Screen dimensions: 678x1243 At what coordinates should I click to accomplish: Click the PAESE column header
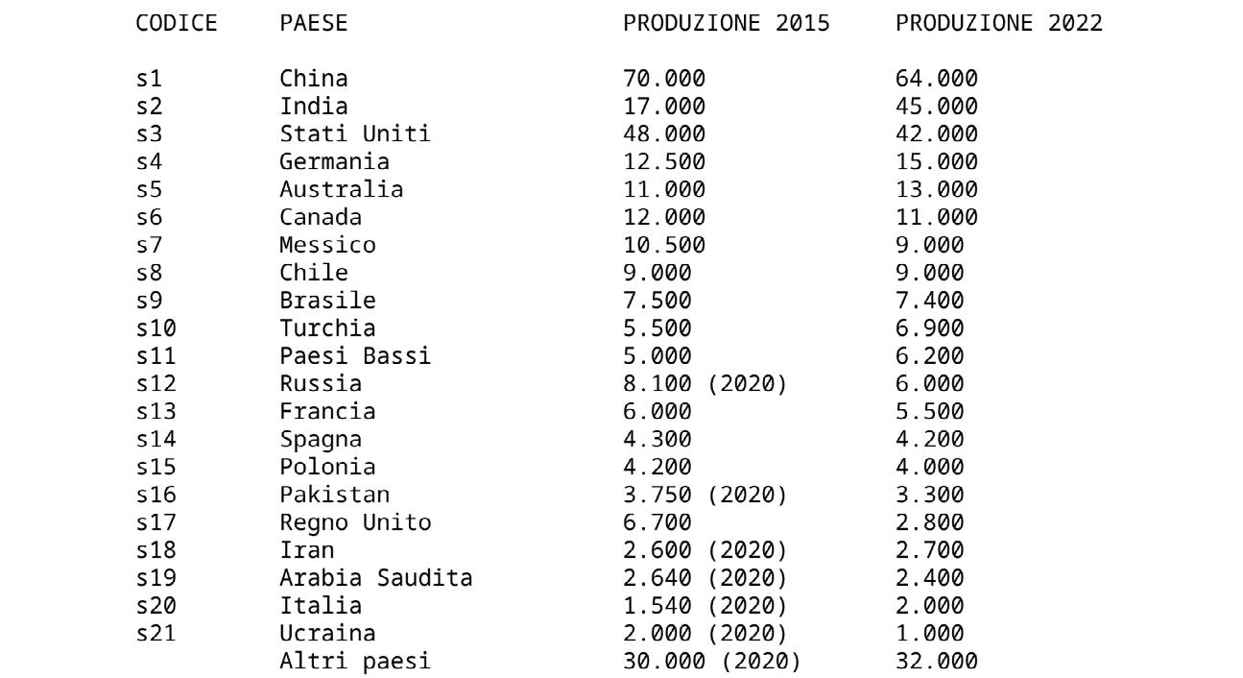click(314, 23)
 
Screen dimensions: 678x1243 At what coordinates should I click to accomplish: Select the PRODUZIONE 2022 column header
click(998, 23)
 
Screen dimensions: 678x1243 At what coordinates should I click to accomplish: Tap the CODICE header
click(177, 23)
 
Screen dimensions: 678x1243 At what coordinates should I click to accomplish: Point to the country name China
click(314, 79)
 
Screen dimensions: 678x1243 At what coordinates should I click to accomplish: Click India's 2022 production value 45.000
click(936, 106)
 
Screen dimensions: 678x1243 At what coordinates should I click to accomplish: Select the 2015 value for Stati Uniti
click(663, 133)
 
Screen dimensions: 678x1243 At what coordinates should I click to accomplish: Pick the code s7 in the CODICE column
click(149, 245)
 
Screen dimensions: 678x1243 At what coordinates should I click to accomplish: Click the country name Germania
click(334, 161)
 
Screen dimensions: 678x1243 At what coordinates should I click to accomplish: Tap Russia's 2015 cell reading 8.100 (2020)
click(705, 384)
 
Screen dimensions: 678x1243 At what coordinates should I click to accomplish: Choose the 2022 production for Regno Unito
click(929, 522)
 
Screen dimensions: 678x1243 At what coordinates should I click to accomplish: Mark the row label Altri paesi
click(355, 662)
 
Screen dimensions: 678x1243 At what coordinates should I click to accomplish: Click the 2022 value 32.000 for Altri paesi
click(936, 662)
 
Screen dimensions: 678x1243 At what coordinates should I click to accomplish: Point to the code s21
click(156, 634)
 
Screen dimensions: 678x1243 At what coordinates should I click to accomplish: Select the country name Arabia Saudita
click(375, 578)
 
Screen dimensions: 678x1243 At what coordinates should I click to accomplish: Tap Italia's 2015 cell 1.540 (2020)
click(705, 606)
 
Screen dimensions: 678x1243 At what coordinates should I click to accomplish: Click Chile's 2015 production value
click(657, 273)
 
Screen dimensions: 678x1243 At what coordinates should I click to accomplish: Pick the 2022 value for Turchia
click(929, 328)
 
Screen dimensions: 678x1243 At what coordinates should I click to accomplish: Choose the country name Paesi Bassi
click(355, 356)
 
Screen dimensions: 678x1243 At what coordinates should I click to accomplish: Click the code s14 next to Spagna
click(156, 440)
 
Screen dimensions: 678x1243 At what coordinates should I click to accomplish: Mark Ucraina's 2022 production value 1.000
click(929, 634)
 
